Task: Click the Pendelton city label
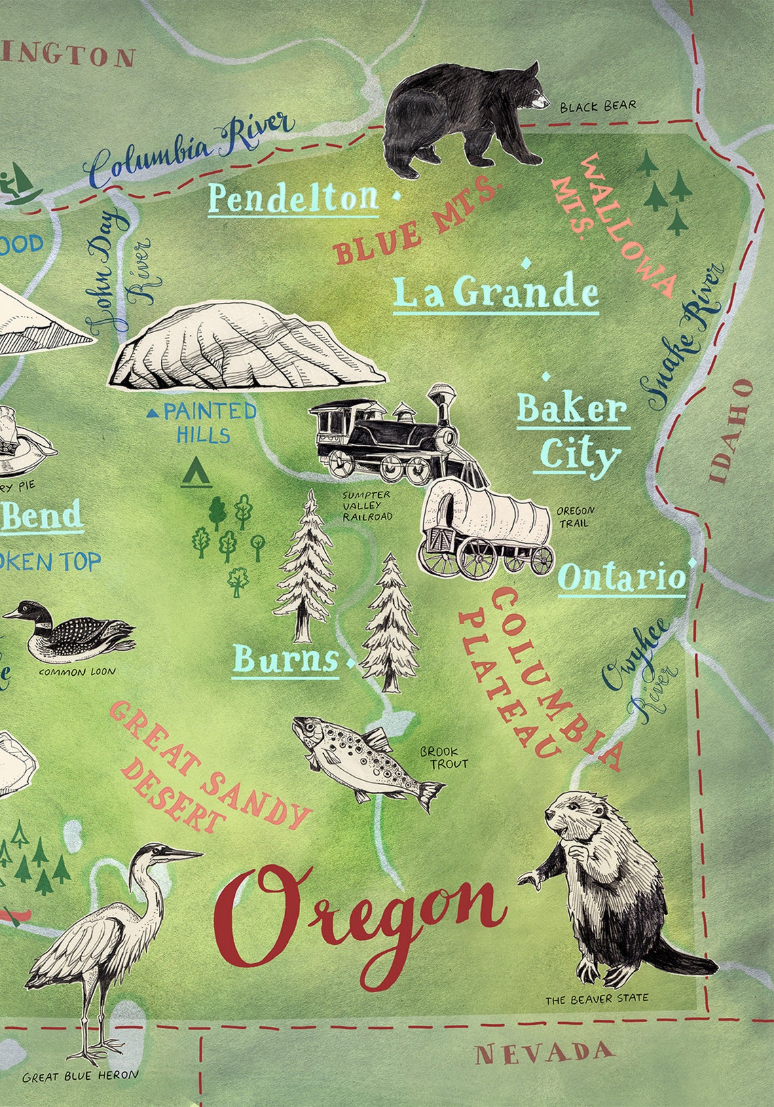click(293, 198)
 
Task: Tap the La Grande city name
click(496, 293)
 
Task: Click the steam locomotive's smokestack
click(443, 401)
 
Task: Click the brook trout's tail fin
click(429, 795)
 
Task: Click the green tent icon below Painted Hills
click(196, 473)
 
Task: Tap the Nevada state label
click(544, 1053)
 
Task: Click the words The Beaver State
click(596, 998)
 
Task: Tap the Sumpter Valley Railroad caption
click(367, 506)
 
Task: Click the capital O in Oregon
click(261, 917)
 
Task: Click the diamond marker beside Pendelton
click(395, 196)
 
